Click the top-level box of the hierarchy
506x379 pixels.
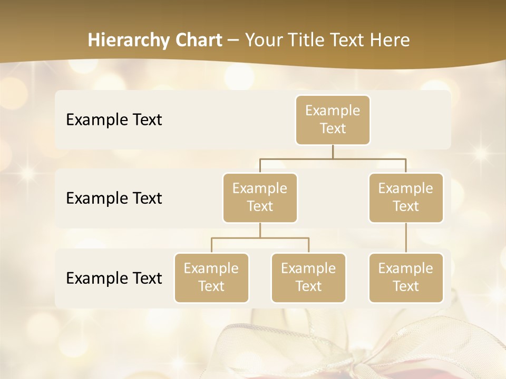333,120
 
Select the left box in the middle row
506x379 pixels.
260,198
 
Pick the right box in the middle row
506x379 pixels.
406,198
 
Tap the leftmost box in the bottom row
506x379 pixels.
211,278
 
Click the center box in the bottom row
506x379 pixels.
308,278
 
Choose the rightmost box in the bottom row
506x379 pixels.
406,278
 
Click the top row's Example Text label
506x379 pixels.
114,120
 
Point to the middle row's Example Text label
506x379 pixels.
114,198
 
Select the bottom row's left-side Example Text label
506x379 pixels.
114,278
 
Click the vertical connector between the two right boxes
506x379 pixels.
406,238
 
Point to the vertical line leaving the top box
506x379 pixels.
333,152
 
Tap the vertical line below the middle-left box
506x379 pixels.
260,230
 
